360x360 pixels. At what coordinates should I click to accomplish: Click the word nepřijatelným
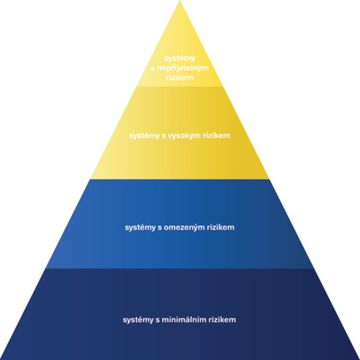(182, 68)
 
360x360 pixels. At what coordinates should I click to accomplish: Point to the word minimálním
(184, 320)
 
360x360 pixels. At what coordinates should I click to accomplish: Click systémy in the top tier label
(179, 58)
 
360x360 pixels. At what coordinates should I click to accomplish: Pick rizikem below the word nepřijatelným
(179, 78)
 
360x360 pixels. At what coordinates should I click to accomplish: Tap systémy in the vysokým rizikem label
(144, 136)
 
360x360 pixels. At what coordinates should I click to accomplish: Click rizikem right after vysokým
(217, 135)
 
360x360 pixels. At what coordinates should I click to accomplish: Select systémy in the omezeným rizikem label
(140, 228)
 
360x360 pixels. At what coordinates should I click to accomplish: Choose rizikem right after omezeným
(220, 227)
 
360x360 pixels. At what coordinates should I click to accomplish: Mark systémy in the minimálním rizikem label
(138, 320)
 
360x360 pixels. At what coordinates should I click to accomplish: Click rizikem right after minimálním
(222, 320)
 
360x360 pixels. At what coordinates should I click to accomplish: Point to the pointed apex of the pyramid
(180, 1)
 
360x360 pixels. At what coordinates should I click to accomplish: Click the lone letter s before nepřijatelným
(153, 68)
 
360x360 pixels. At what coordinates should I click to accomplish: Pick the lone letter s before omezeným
(160, 228)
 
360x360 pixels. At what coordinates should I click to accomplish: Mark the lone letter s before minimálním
(158, 320)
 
